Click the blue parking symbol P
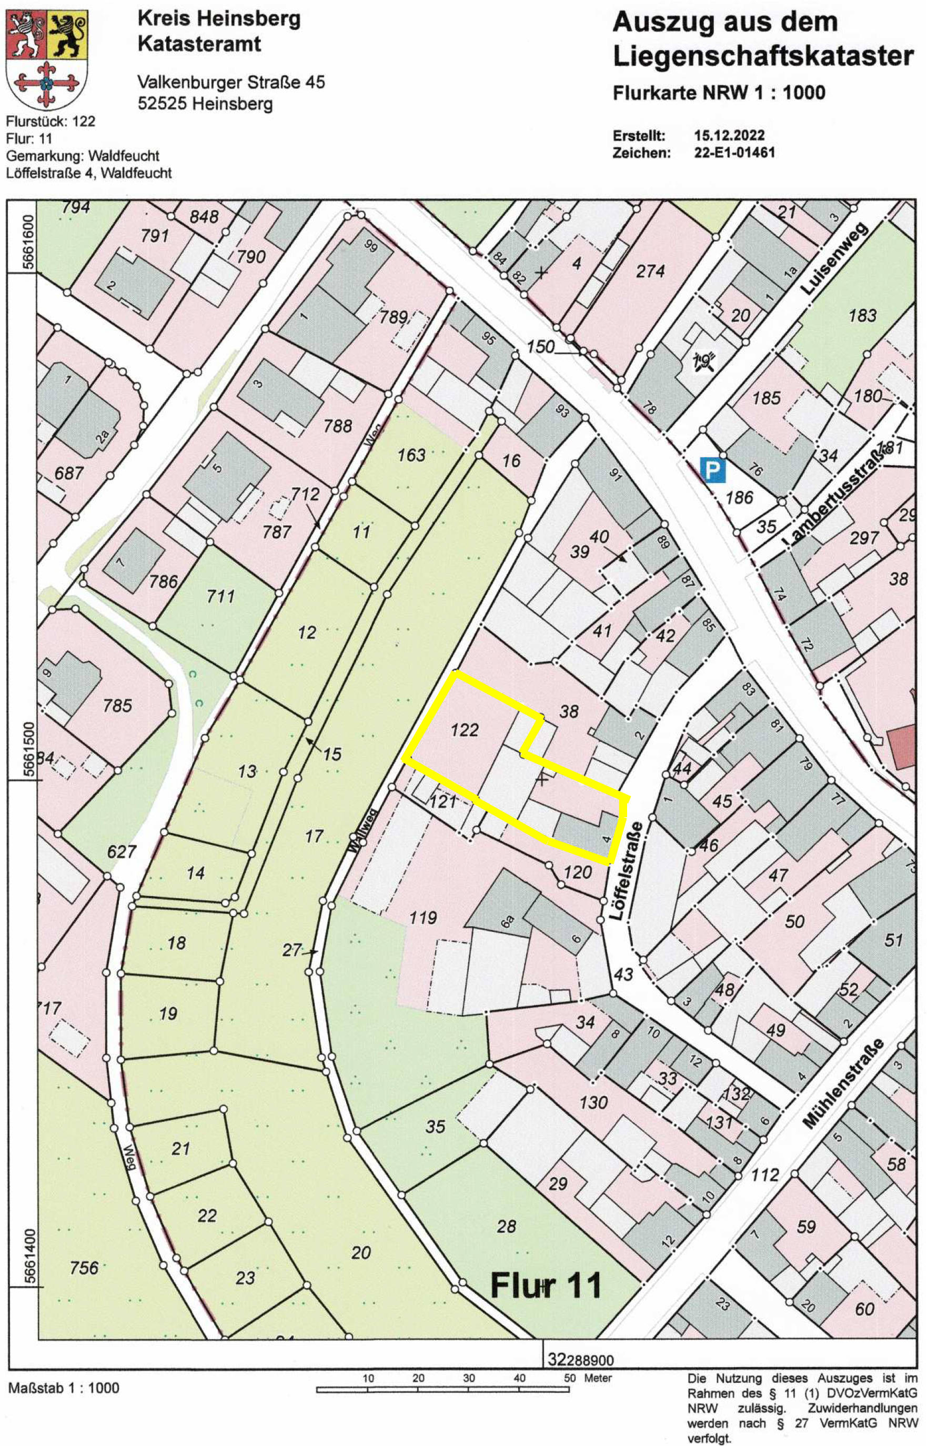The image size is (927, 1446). [x=713, y=469]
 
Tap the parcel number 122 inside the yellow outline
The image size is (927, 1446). [x=465, y=730]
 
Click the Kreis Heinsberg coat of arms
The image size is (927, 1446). [x=46, y=59]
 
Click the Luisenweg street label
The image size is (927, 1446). [x=834, y=258]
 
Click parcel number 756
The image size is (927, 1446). [x=84, y=1268]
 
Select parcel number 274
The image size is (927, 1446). [x=650, y=271]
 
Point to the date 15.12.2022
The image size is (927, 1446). [x=729, y=135]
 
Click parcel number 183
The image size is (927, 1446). [x=862, y=314]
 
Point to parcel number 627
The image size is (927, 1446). [x=122, y=851]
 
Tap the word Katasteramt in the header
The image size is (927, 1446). [x=199, y=45]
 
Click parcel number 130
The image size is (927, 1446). [x=593, y=1102]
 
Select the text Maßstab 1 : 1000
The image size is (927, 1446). [x=64, y=1388]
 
